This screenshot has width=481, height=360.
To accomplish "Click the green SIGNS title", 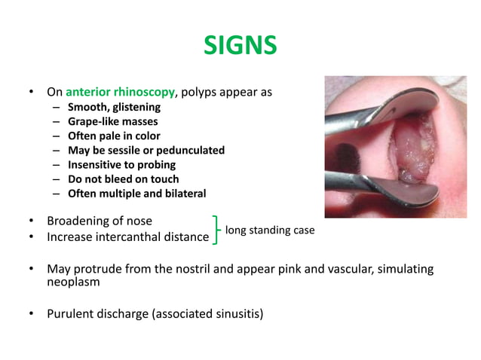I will click(x=240, y=47).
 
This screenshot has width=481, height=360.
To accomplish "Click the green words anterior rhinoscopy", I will click(x=120, y=93).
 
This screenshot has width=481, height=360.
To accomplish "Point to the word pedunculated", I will click(x=188, y=150).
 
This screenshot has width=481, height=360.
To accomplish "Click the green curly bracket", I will click(x=217, y=230).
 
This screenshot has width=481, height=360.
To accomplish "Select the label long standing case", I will click(x=270, y=230).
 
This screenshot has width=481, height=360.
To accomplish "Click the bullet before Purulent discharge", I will click(x=31, y=313).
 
